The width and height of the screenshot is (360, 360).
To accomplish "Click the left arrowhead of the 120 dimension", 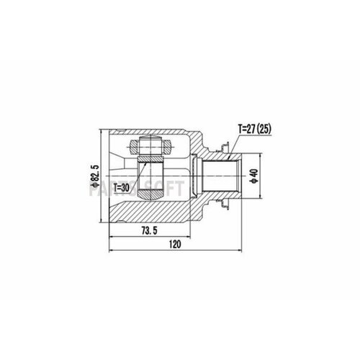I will coord(111,252).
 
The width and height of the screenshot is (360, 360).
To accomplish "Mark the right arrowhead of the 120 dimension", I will coord(240,252).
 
